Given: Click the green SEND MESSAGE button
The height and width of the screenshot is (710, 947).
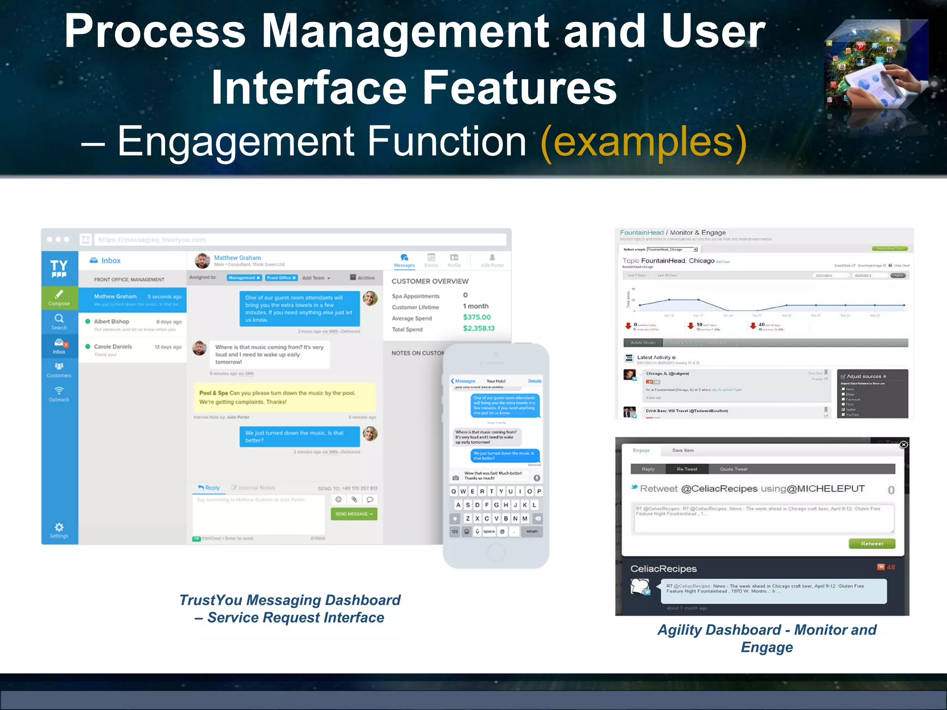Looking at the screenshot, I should pyautogui.click(x=354, y=514).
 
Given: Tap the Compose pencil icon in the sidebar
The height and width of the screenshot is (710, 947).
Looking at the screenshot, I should pyautogui.click(x=59, y=294).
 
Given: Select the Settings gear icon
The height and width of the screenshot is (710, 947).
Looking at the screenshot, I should pyautogui.click(x=59, y=527).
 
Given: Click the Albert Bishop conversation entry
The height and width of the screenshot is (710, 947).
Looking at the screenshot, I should pyautogui.click(x=133, y=324).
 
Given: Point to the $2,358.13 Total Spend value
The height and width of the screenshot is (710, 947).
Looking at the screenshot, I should pyautogui.click(x=479, y=328).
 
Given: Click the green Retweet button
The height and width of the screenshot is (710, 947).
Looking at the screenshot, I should pyautogui.click(x=872, y=544).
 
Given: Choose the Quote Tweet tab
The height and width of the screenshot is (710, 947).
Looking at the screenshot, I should pyautogui.click(x=733, y=469).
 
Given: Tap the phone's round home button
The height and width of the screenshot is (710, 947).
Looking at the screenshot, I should pyautogui.click(x=496, y=552).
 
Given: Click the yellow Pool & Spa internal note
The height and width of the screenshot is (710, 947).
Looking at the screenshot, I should pyautogui.click(x=284, y=397).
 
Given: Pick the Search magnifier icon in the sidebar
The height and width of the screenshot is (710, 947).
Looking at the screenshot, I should pyautogui.click(x=59, y=319).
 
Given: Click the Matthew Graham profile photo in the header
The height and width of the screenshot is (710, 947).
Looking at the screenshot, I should pyautogui.click(x=202, y=261).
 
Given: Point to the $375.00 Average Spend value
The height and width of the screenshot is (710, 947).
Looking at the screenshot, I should pyautogui.click(x=477, y=317).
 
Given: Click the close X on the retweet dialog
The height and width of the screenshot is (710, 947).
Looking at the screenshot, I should pyautogui.click(x=904, y=444).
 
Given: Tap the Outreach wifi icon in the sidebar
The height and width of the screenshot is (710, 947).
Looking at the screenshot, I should pyautogui.click(x=59, y=391).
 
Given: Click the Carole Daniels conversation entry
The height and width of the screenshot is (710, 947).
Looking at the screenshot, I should pyautogui.click(x=133, y=350).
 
